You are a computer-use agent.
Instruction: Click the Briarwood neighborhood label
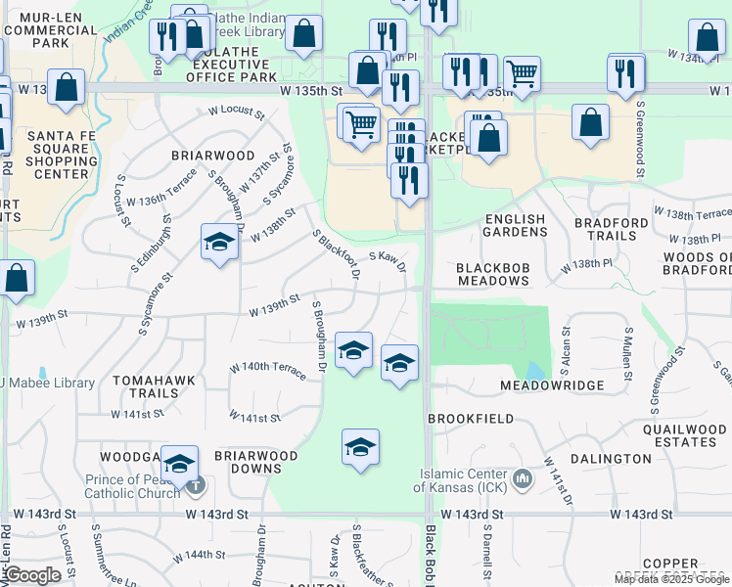click(212, 156)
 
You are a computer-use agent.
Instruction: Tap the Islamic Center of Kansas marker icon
click(523, 479)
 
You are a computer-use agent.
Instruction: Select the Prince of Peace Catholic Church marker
click(197, 485)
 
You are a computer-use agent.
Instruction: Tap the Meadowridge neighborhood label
click(552, 386)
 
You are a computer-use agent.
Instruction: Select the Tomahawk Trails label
click(148, 386)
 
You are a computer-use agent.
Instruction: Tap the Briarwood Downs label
click(255, 462)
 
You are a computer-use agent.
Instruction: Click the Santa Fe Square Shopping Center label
click(60, 155)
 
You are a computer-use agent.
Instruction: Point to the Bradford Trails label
click(611, 229)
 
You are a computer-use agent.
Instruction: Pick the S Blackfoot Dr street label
click(336, 256)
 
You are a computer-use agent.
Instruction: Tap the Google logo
click(32, 575)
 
